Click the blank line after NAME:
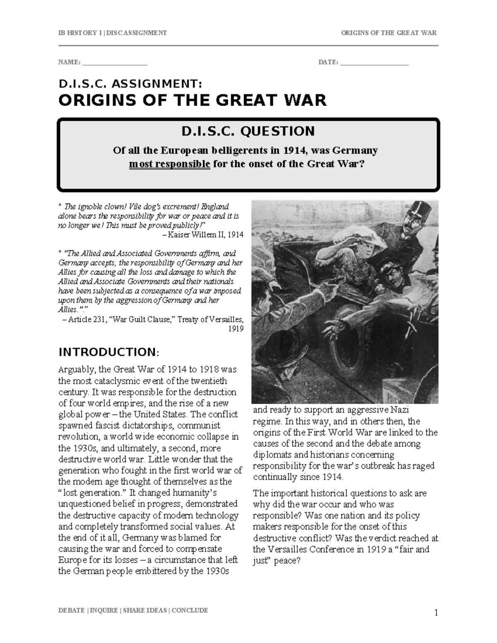pyautogui.click(x=115, y=63)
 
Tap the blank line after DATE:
pyautogui.click(x=374, y=63)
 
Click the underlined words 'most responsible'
pyautogui.click(x=170, y=164)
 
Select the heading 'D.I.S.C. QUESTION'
pyautogui.click(x=248, y=131)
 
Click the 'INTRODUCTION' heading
pyautogui.click(x=107, y=352)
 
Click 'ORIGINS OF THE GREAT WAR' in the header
pyautogui.click(x=388, y=33)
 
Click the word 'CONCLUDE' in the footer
pyautogui.click(x=190, y=610)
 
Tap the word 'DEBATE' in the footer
pyautogui.click(x=71, y=610)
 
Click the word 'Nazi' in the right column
pyautogui.click(x=400, y=410)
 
